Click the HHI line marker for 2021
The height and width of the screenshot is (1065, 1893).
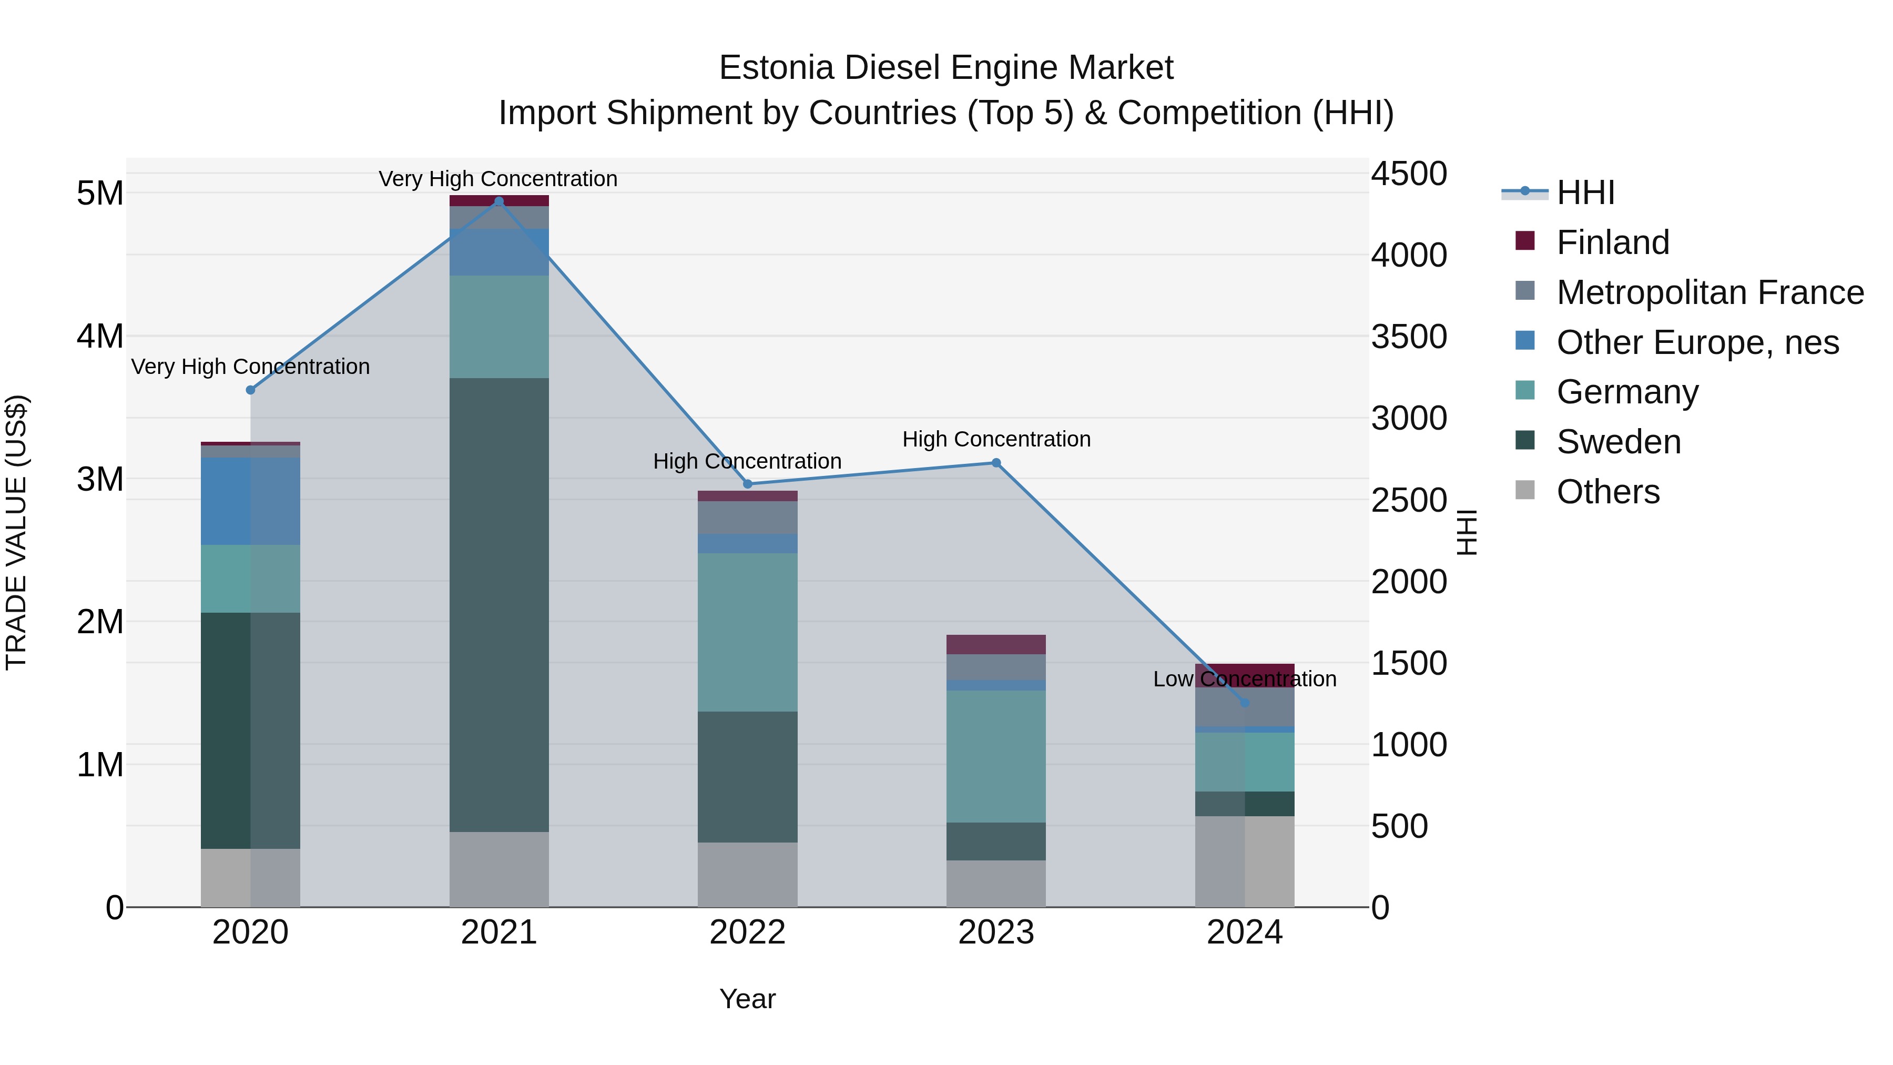[x=499, y=201]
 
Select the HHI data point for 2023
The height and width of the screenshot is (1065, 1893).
[x=996, y=463]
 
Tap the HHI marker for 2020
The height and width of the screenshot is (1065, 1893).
[x=251, y=390]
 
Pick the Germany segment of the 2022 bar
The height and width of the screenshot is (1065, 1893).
[x=747, y=632]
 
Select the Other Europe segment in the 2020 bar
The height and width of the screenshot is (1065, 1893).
[x=251, y=501]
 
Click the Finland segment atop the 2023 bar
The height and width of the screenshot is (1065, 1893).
[x=996, y=645]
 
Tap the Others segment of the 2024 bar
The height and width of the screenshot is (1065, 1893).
[x=1244, y=861]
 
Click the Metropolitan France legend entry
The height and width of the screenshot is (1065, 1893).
[x=1709, y=292]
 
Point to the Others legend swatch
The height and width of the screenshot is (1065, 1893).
[x=1525, y=490]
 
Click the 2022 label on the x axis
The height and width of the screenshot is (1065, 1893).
[x=747, y=932]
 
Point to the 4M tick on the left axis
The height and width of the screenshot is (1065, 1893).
[x=100, y=337]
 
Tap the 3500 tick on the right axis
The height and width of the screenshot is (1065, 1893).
[x=1409, y=337]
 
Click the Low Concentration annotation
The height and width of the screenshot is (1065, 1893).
[x=1244, y=679]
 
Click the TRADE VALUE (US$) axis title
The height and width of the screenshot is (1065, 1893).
[x=16, y=532]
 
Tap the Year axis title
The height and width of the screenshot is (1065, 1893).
[x=747, y=999]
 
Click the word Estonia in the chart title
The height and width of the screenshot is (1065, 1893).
[x=776, y=68]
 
